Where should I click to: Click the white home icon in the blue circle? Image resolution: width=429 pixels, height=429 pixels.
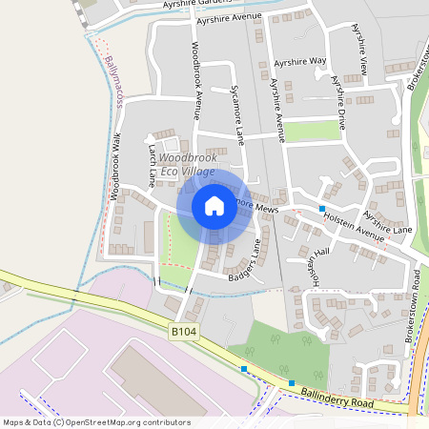click(214, 206)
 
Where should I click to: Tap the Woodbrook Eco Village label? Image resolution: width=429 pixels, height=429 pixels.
click(187, 164)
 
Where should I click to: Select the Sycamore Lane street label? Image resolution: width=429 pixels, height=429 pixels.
click(237, 115)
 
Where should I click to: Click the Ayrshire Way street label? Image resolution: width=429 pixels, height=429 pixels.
click(300, 62)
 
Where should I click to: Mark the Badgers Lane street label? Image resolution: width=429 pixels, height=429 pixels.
click(244, 264)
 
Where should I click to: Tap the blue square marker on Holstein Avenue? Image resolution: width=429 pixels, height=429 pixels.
click(322, 208)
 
